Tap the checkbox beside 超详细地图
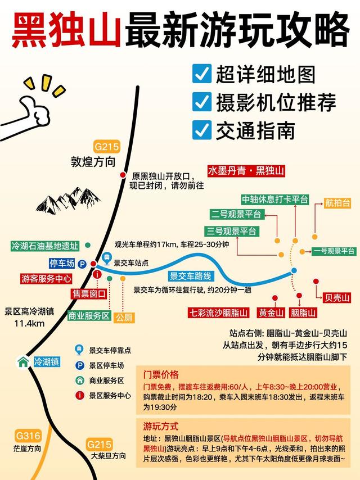pyautogui.click(x=201, y=73)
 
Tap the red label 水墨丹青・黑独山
pyautogui.click(x=246, y=171)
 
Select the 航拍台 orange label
pyautogui.click(x=337, y=203)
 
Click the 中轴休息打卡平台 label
pyautogui.click(x=275, y=200)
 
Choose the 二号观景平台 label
pyautogui.click(x=236, y=214)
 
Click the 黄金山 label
pyautogui.click(x=271, y=313)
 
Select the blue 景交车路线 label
pyautogui.click(x=191, y=276)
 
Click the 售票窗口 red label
pyautogui.click(x=88, y=294)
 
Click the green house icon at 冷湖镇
pyautogui.click(x=23, y=361)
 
